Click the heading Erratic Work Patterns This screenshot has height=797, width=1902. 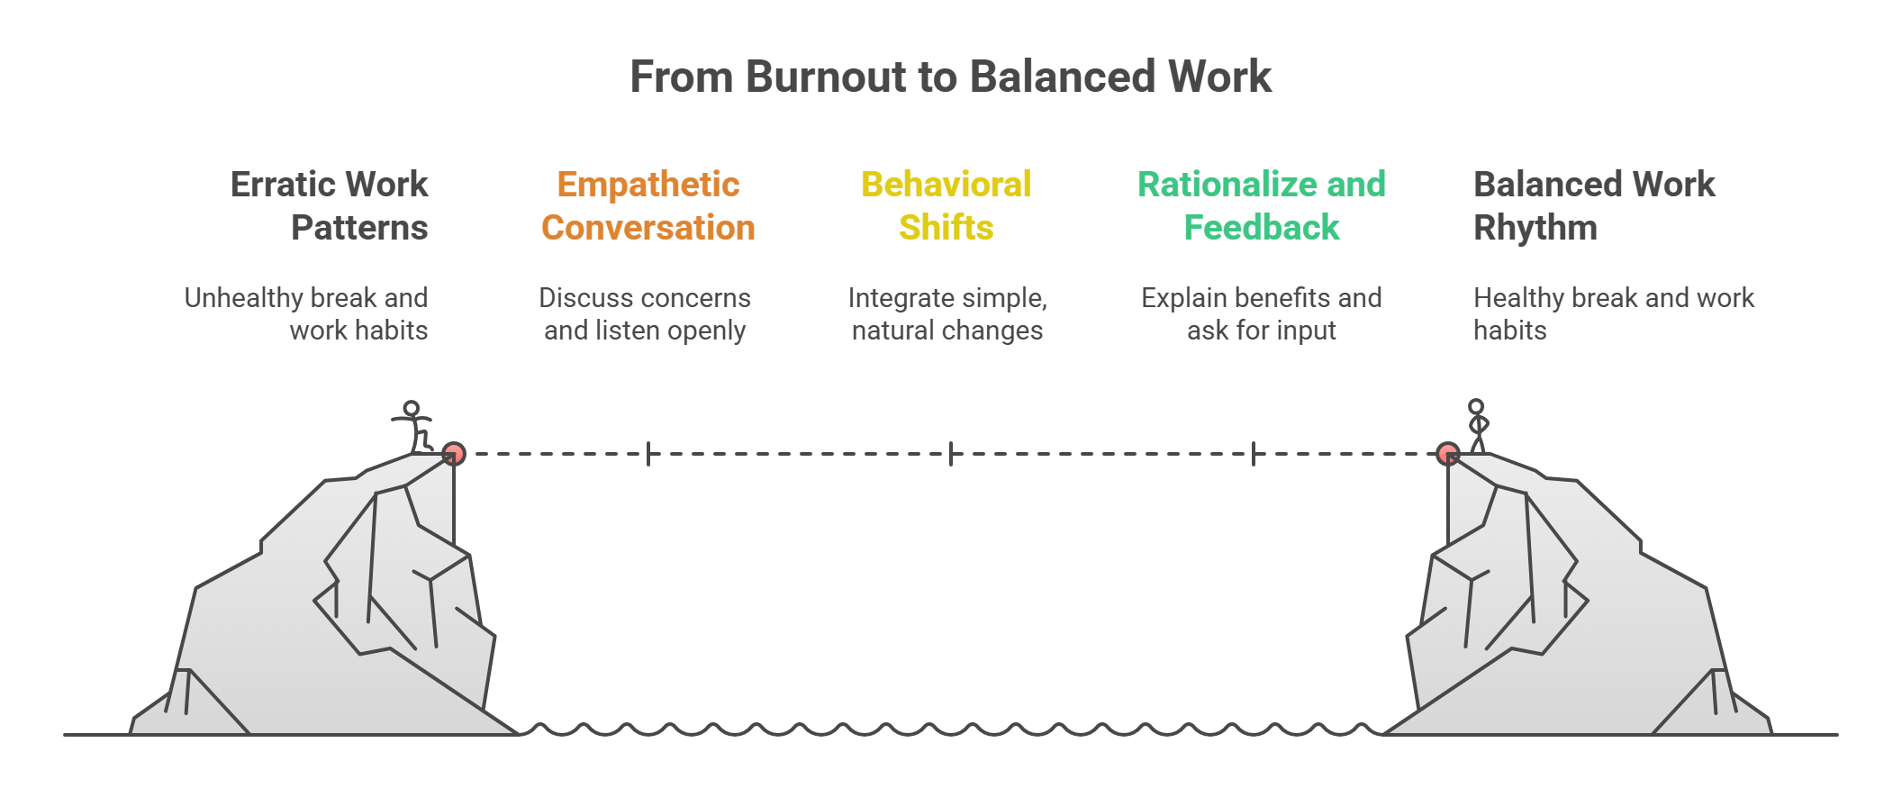tap(330, 205)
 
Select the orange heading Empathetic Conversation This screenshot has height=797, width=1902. tap(648, 205)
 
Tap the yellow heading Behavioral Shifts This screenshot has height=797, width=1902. tap(946, 205)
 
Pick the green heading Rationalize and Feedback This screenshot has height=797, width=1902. tap(1261, 205)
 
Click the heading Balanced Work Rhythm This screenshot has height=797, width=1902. tap(1593, 205)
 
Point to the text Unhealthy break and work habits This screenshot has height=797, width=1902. tap(306, 313)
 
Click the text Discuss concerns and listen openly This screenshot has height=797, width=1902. tap(645, 313)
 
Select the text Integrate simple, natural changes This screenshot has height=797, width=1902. tap(947, 313)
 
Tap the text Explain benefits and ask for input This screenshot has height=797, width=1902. tap(1261, 313)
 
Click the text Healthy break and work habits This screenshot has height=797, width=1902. tap(1613, 313)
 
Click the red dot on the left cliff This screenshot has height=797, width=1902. tap(454, 453)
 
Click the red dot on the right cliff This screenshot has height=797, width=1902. tap(1447, 453)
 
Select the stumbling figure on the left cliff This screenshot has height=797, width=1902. tap(413, 426)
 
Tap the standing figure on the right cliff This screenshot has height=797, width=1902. tap(1477, 425)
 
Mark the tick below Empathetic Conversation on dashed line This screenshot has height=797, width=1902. tap(648, 454)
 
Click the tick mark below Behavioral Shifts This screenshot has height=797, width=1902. tap(951, 454)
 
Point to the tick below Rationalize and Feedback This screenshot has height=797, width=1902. tap(1254, 454)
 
